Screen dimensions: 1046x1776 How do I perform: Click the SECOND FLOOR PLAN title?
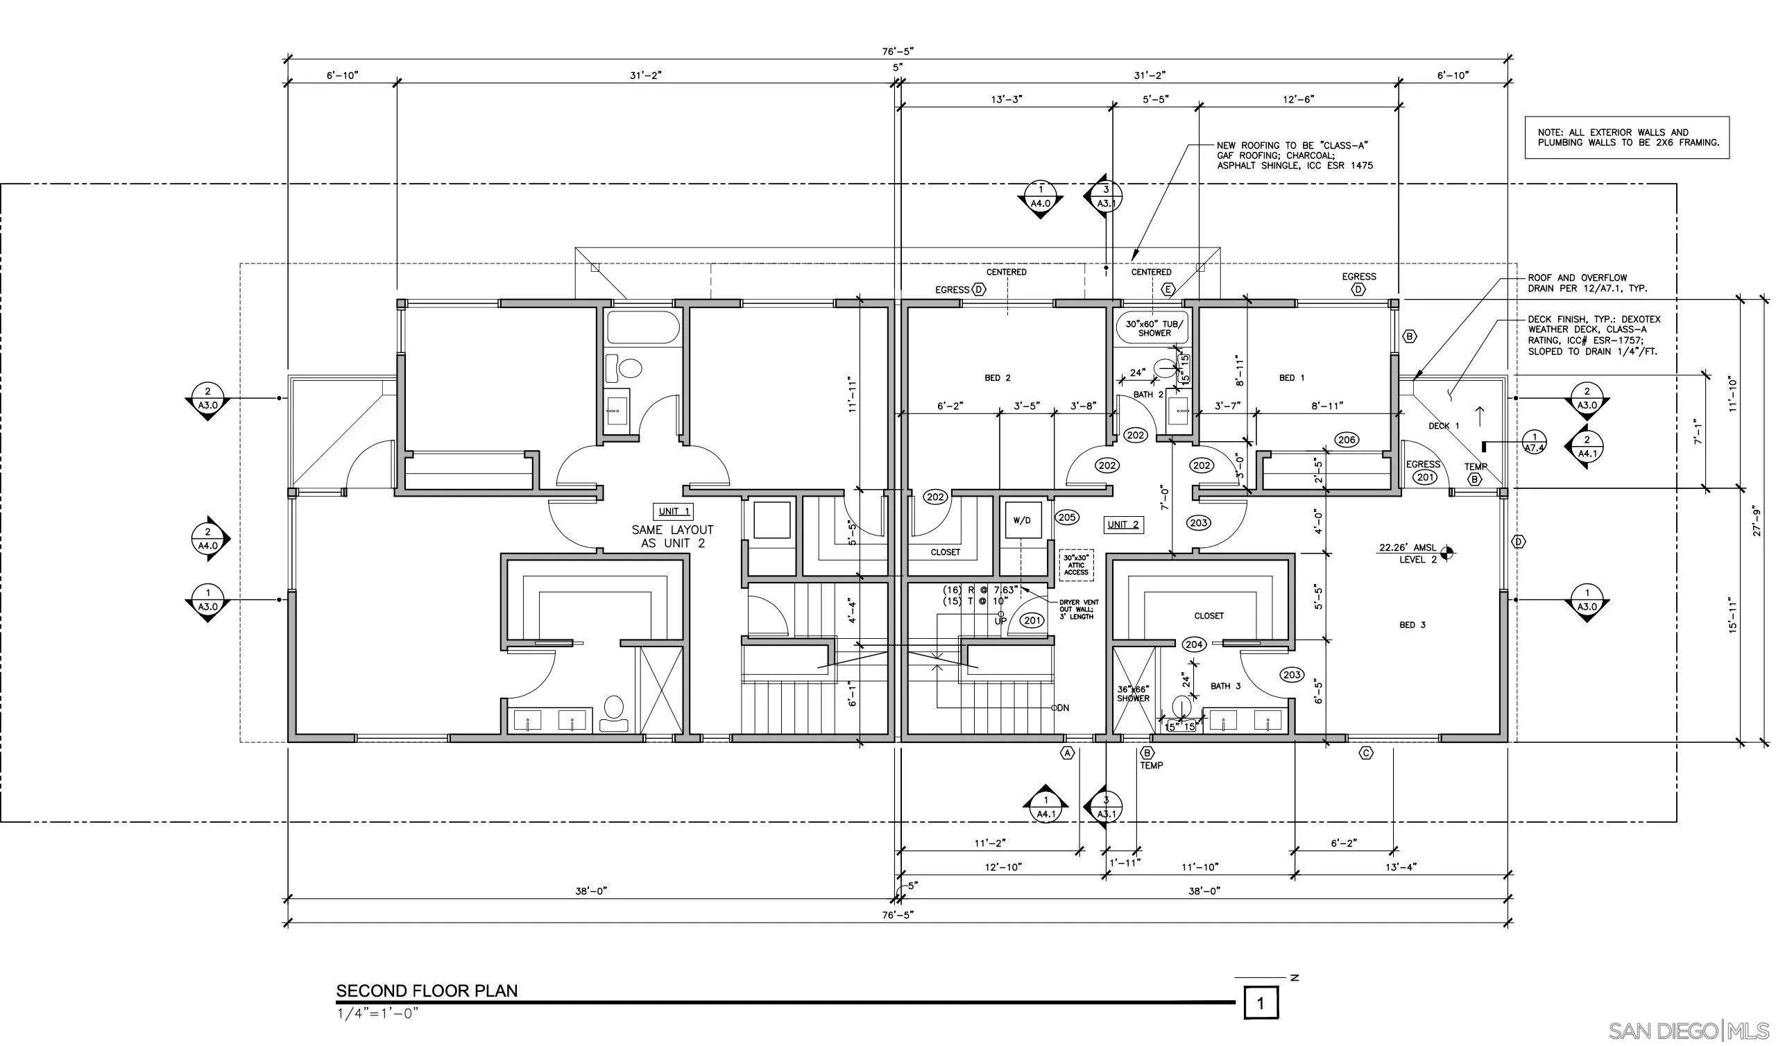point(427,991)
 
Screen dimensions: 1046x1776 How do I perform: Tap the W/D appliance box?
point(1021,520)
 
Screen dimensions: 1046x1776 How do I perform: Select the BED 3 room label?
point(1412,624)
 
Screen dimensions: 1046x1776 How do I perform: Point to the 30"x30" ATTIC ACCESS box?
point(1076,565)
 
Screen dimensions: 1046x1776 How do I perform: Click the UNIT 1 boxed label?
point(674,511)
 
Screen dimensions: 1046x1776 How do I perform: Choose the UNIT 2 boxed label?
point(1122,524)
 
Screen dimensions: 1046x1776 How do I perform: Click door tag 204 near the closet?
point(1194,644)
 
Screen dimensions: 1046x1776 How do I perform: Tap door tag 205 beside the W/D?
point(1067,517)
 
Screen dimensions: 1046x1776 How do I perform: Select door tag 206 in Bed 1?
point(1346,440)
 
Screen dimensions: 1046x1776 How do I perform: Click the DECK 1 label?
point(1444,426)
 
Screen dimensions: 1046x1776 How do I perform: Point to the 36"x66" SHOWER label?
point(1134,694)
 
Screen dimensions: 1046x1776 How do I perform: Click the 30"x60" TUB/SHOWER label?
point(1154,328)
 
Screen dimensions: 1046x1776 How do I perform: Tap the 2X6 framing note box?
point(1628,137)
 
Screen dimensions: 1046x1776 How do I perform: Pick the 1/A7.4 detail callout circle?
point(1535,442)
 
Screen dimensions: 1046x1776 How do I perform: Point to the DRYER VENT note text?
point(1078,609)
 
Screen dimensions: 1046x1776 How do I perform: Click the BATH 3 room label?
point(1226,686)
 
